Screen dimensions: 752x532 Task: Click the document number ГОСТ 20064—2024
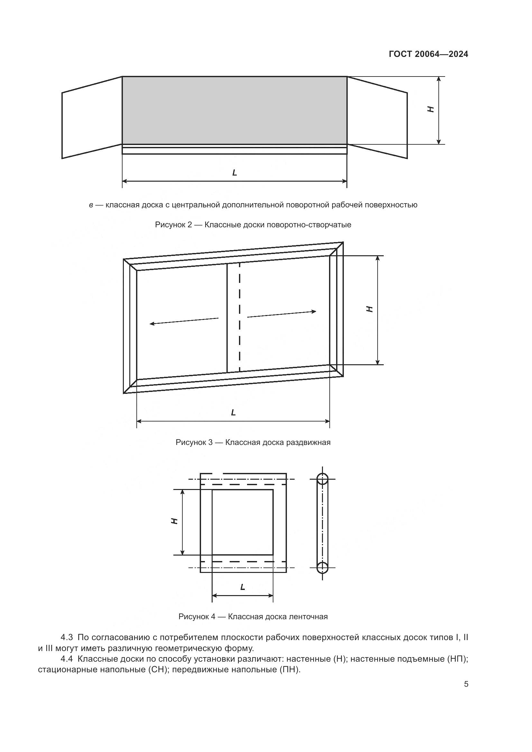[428, 54]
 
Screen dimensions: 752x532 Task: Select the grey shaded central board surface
[234, 110]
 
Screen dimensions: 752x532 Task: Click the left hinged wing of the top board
[92, 118]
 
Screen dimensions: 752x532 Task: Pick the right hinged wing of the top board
[377, 118]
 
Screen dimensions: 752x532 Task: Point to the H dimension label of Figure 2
[431, 109]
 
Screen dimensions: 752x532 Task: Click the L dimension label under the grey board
[234, 173]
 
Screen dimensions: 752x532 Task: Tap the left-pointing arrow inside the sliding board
[184, 321]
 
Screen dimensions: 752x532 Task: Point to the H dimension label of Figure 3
[370, 309]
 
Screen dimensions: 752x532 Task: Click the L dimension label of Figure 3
[233, 413]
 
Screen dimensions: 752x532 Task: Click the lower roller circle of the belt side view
[322, 567]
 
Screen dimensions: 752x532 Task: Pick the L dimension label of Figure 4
[243, 587]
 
